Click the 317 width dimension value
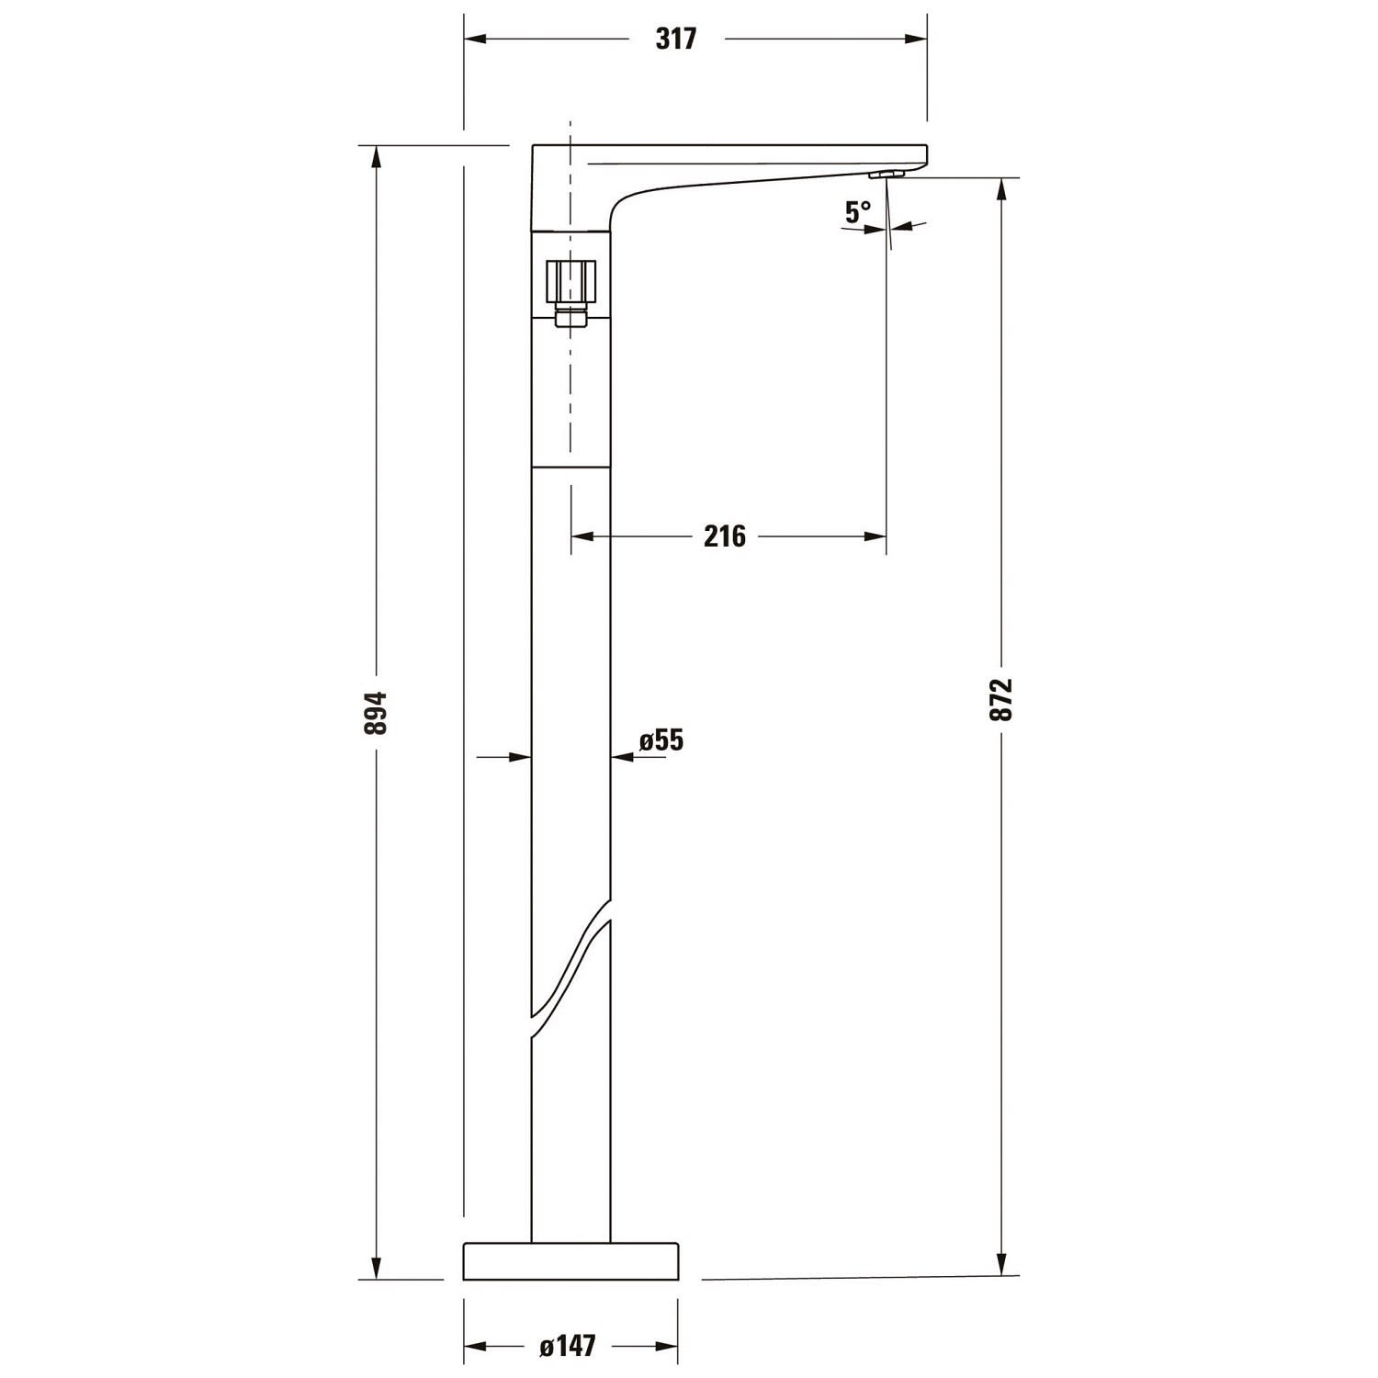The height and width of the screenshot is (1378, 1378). [x=676, y=39]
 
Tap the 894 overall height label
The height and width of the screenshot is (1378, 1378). [x=377, y=712]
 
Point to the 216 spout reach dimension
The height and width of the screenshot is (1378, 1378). [x=725, y=536]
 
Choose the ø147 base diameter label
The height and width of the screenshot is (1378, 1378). [x=568, y=1347]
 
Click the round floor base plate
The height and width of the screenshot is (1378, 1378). [x=570, y=1260]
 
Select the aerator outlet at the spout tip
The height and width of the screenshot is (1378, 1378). [x=887, y=174]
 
